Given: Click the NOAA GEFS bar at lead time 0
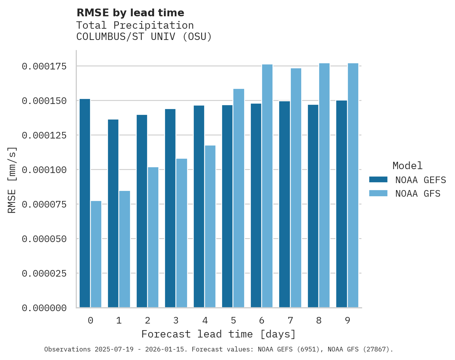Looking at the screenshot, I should [x=85, y=203].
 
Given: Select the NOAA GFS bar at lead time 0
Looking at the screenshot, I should [x=96, y=254].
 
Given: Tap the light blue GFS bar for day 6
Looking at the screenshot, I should [x=267, y=186].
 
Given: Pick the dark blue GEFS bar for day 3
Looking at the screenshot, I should [x=170, y=208].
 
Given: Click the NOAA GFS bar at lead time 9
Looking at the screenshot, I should [x=353, y=185].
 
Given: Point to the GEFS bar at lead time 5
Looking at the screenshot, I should [x=227, y=206].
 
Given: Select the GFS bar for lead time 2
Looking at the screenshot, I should [x=153, y=237].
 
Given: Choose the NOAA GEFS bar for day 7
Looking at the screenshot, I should [x=284, y=204].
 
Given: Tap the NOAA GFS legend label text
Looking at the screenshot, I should [x=418, y=194].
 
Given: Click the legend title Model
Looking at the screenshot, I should [x=407, y=166].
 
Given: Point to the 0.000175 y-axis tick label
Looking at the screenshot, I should [x=44, y=66].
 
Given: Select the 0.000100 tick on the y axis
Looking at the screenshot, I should [x=44, y=170].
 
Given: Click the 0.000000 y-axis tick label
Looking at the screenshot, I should [x=44, y=308].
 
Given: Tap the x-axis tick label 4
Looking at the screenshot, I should [x=205, y=321].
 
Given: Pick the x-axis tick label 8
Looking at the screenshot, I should [x=319, y=321].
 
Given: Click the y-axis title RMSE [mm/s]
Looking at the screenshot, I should [x=12, y=180].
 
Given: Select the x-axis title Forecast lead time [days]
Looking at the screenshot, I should [x=219, y=334].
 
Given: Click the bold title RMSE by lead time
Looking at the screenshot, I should [x=130, y=13].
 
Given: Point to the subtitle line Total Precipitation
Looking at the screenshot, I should [x=135, y=25].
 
